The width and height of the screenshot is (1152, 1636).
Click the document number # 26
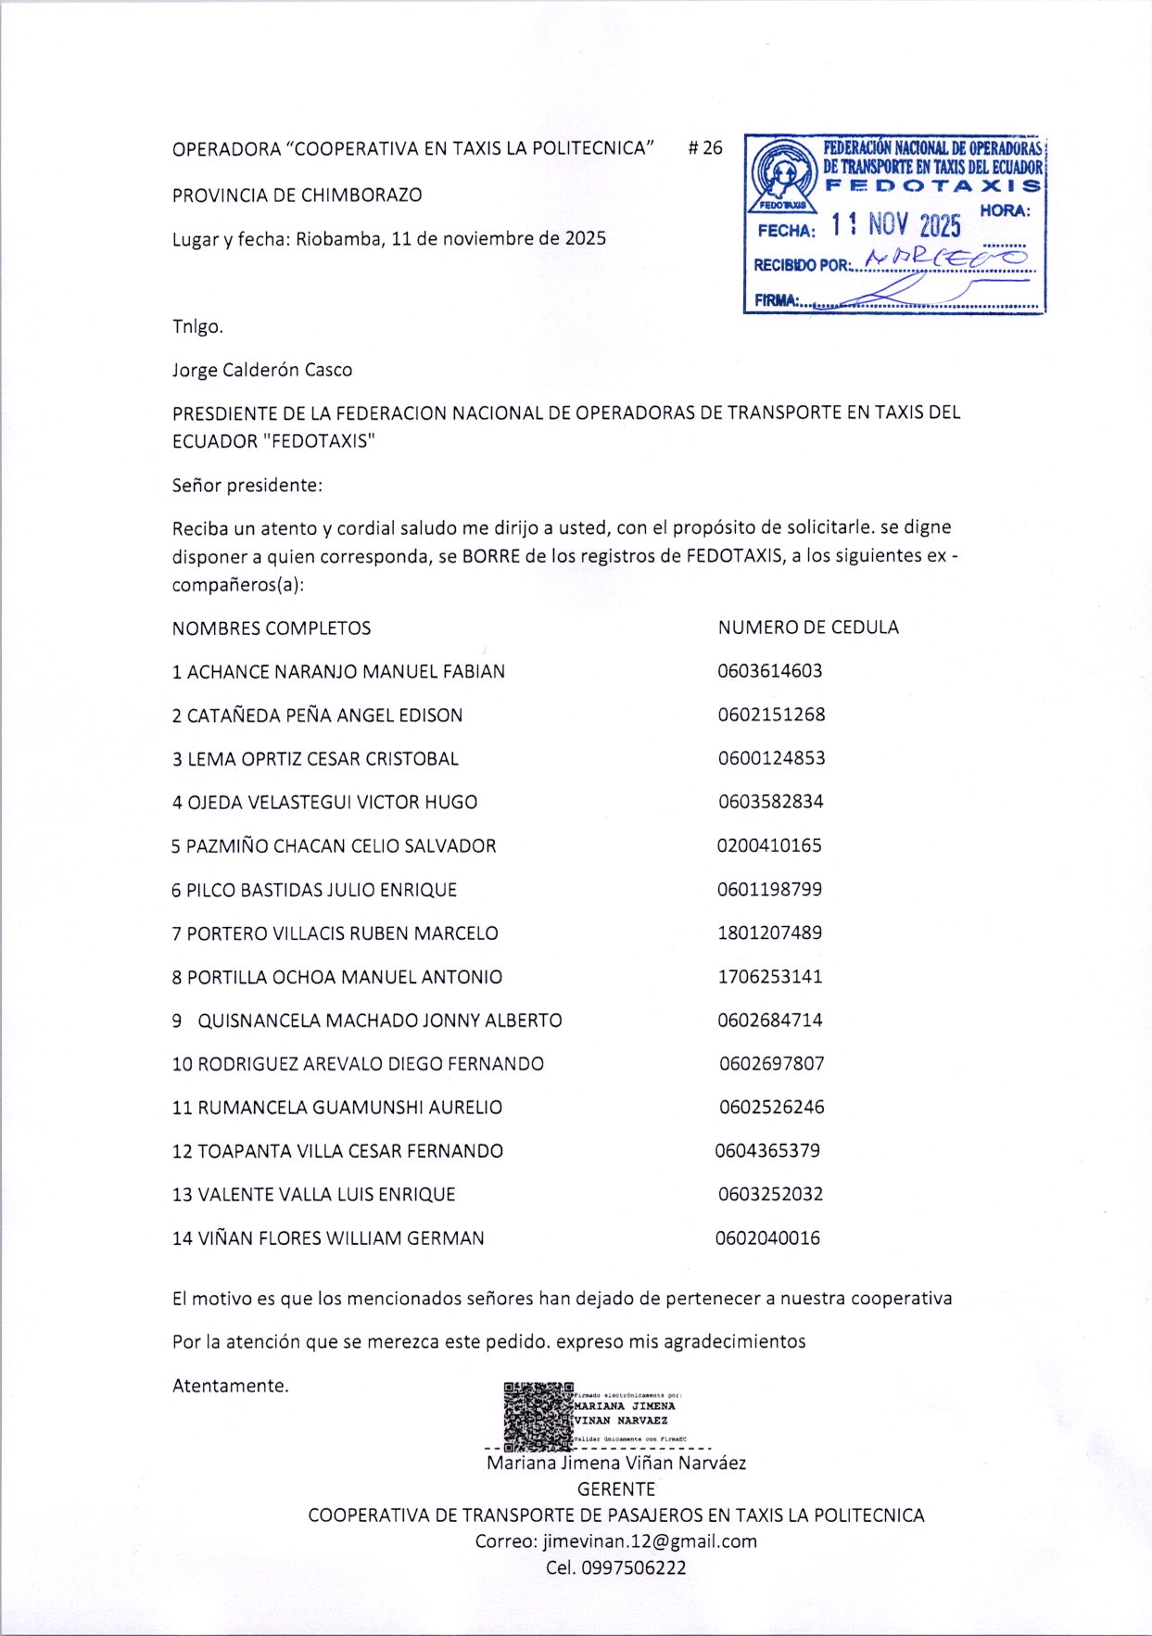pos(705,148)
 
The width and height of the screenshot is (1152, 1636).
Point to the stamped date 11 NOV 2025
pos(895,224)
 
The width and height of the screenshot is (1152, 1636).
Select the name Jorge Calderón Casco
pos(262,370)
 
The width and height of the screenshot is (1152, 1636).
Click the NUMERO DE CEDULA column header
pos(808,628)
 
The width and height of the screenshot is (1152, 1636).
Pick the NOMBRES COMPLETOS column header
pos(271,628)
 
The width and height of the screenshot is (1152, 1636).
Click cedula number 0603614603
pos(769,671)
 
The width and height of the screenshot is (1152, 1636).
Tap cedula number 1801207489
pos(769,932)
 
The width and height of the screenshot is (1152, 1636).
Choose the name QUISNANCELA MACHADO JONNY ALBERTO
pos(379,1021)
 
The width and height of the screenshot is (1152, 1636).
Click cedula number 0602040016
pos(767,1237)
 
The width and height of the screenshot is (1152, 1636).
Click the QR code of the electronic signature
pos(538,1416)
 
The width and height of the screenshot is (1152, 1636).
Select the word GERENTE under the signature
pos(615,1490)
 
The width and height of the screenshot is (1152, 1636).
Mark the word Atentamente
pos(231,1386)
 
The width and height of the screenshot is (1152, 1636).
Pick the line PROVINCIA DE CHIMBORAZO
pos(297,196)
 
